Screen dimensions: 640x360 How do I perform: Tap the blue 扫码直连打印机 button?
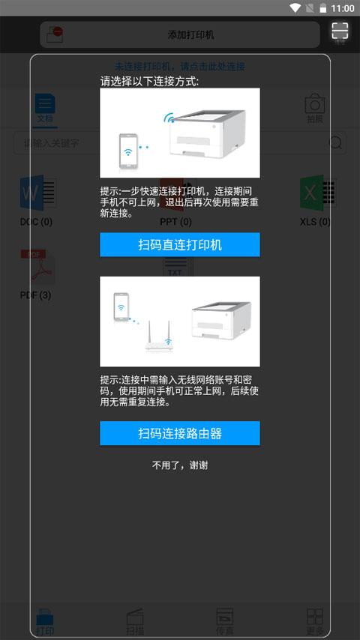[x=180, y=245]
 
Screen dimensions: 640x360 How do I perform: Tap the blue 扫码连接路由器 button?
[x=180, y=433]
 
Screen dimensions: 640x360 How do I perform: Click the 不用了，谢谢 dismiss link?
[x=180, y=465]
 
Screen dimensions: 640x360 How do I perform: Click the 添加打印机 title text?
[x=191, y=35]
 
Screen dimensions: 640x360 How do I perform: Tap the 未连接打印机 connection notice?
[x=180, y=67]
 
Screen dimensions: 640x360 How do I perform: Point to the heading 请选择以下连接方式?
[x=150, y=81]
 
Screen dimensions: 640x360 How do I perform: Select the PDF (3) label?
[x=35, y=295]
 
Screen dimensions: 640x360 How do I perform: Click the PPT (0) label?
[x=175, y=222]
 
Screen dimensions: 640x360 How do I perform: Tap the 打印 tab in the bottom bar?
[x=45, y=622]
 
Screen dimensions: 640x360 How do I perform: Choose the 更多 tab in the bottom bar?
[x=315, y=622]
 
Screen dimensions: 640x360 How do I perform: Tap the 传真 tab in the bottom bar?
[x=225, y=622]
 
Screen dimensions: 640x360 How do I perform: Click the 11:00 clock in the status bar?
[x=342, y=8]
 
